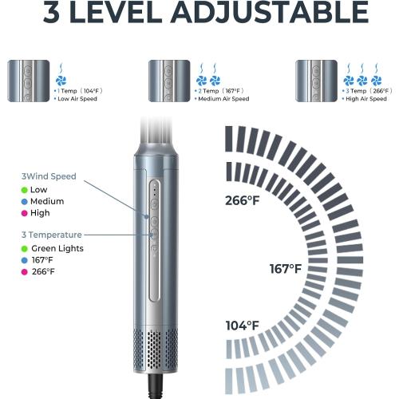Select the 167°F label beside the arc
284,268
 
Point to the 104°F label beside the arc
241,326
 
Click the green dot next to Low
25,190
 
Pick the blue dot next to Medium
25,202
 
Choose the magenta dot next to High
25,214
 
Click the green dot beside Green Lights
25,249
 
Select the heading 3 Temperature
51,235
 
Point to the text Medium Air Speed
223,99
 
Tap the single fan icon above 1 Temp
61,81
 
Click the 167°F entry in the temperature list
42,260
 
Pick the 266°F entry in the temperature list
42,272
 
